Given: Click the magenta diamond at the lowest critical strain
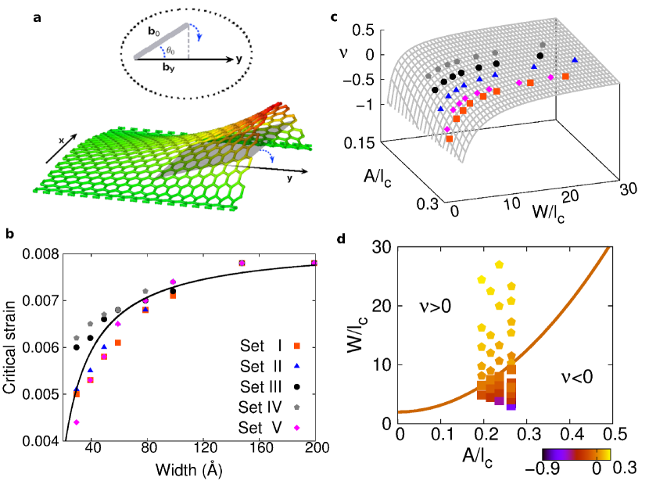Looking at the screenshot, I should point(76,422).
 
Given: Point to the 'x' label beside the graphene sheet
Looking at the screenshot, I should point(60,140).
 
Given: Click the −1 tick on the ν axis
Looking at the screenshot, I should point(363,104).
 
